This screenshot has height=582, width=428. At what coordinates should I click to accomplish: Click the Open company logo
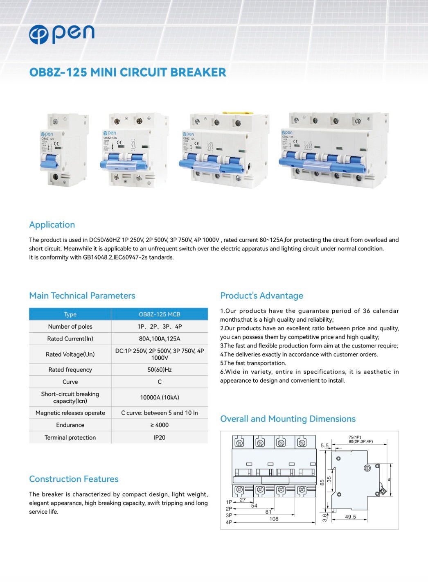coord(62,34)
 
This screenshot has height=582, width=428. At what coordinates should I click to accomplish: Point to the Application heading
coord(52,225)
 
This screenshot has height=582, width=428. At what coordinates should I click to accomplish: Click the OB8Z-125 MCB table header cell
coord(159,314)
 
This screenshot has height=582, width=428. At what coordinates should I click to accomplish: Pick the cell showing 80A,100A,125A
coord(159,338)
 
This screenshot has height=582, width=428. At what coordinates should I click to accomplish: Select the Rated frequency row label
coord(70,370)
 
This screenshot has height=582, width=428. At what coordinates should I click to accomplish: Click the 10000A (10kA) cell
coord(159,397)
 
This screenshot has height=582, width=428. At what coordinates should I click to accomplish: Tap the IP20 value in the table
coord(159,438)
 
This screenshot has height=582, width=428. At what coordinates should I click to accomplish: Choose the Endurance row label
coord(70,425)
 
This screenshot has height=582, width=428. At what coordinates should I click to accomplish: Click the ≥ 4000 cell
coord(159,425)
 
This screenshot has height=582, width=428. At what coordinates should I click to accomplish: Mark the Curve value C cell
coord(159,382)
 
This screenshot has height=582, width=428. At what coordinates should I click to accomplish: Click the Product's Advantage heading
coord(261,296)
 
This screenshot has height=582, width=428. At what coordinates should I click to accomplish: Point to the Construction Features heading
coord(74,479)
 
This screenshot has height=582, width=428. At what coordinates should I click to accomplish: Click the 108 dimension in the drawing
coord(274,519)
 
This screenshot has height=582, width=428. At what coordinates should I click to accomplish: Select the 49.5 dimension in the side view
coord(350,517)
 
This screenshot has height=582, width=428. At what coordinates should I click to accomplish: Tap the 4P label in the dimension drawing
coord(229,522)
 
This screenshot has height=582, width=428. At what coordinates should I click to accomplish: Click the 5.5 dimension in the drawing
coord(324,445)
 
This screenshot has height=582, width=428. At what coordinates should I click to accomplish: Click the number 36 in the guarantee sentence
coord(366,311)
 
